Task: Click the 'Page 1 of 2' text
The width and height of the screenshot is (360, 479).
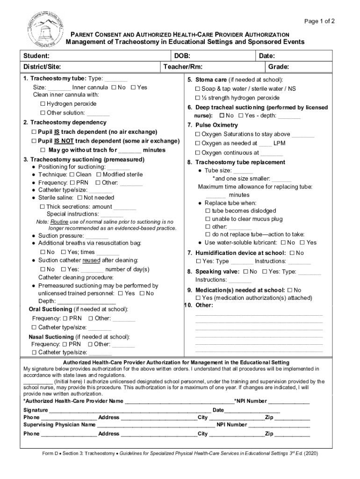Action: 319,22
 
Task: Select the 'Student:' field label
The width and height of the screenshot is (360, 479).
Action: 37,56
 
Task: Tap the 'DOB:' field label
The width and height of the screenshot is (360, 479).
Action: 182,56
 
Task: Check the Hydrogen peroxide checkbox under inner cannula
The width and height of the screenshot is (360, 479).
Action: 43,104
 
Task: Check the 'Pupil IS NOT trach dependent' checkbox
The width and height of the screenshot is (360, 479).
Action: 34,141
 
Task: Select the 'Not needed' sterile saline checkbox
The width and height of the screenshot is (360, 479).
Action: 79,198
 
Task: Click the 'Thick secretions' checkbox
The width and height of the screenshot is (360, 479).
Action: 43,207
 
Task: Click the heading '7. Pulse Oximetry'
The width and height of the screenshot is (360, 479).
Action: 212,125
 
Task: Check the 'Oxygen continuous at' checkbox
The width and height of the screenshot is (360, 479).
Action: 198,153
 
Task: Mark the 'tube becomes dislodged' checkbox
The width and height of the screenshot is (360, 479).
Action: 208,211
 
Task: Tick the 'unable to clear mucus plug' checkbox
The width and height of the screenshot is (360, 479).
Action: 208,219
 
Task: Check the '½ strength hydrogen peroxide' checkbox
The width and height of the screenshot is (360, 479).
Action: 198,98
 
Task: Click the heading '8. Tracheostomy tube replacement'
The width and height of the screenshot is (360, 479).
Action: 236,162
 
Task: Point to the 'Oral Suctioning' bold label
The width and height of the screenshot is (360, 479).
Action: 50,309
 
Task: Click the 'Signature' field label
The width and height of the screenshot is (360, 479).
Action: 36,410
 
